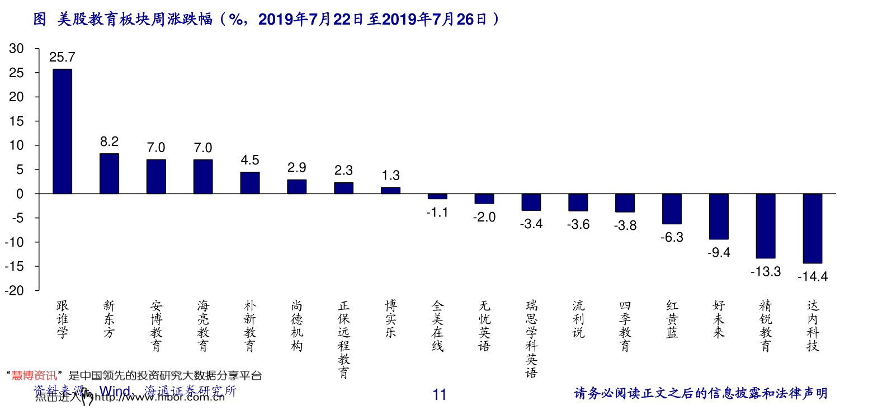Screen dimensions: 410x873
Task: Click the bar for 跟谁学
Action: coord(62,131)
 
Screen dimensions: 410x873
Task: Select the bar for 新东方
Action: coord(109,173)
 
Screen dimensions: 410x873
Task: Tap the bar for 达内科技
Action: coord(812,228)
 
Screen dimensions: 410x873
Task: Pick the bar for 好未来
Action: coord(719,216)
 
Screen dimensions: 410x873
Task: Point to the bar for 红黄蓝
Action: coord(672,209)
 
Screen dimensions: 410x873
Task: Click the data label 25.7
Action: coord(62,57)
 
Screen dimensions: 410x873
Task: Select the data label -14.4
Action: coord(812,276)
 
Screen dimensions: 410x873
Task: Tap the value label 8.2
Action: coord(109,142)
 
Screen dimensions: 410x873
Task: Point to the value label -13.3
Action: coord(765,272)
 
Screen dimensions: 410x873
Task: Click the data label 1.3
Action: coord(390,176)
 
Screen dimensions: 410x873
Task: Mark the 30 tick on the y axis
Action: coord(16,49)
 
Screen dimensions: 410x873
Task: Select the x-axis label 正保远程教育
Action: coord(343,340)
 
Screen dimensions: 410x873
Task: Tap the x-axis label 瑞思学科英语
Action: coord(531,340)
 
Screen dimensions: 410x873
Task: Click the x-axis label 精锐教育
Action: coord(765,326)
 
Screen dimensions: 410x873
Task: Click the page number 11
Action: coord(440,395)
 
